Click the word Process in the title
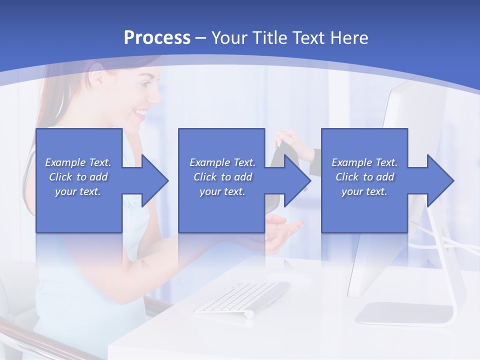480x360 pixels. click(157, 37)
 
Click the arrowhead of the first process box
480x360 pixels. click(154, 180)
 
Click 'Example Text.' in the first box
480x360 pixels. click(78, 162)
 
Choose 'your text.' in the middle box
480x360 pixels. click(222, 191)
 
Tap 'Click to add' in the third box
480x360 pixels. click(364, 177)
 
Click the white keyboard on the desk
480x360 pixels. click(242, 298)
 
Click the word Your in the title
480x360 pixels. click(228, 37)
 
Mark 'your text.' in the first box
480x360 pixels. click(78, 191)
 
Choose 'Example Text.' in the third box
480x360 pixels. click(364, 162)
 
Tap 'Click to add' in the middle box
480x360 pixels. click(222, 177)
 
